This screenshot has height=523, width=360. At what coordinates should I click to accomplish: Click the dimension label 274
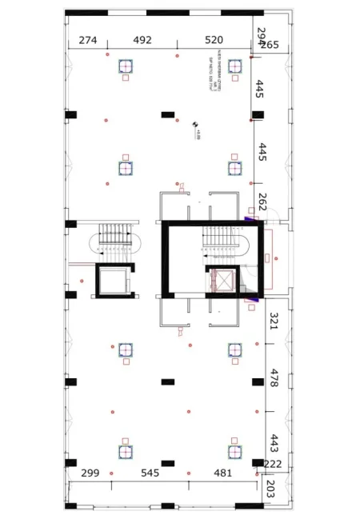point(88,40)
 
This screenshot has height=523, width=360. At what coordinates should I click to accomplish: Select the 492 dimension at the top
point(142,40)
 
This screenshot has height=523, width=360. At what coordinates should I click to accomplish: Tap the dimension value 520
point(214,40)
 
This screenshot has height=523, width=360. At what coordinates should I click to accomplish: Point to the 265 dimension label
point(270,45)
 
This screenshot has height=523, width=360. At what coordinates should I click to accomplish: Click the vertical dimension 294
point(260,36)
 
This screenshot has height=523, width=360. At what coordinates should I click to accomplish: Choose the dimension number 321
point(274,321)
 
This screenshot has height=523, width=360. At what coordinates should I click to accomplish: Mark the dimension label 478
point(274,377)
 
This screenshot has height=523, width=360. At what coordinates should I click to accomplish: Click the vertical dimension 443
point(274,442)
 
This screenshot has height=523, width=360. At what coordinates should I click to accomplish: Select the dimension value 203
point(269,489)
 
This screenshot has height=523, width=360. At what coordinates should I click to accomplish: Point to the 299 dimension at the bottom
point(90,473)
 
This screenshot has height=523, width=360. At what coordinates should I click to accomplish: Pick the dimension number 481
point(222,473)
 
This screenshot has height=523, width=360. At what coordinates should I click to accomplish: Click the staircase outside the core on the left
point(114,238)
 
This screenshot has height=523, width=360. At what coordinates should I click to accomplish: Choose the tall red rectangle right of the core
point(270,258)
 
